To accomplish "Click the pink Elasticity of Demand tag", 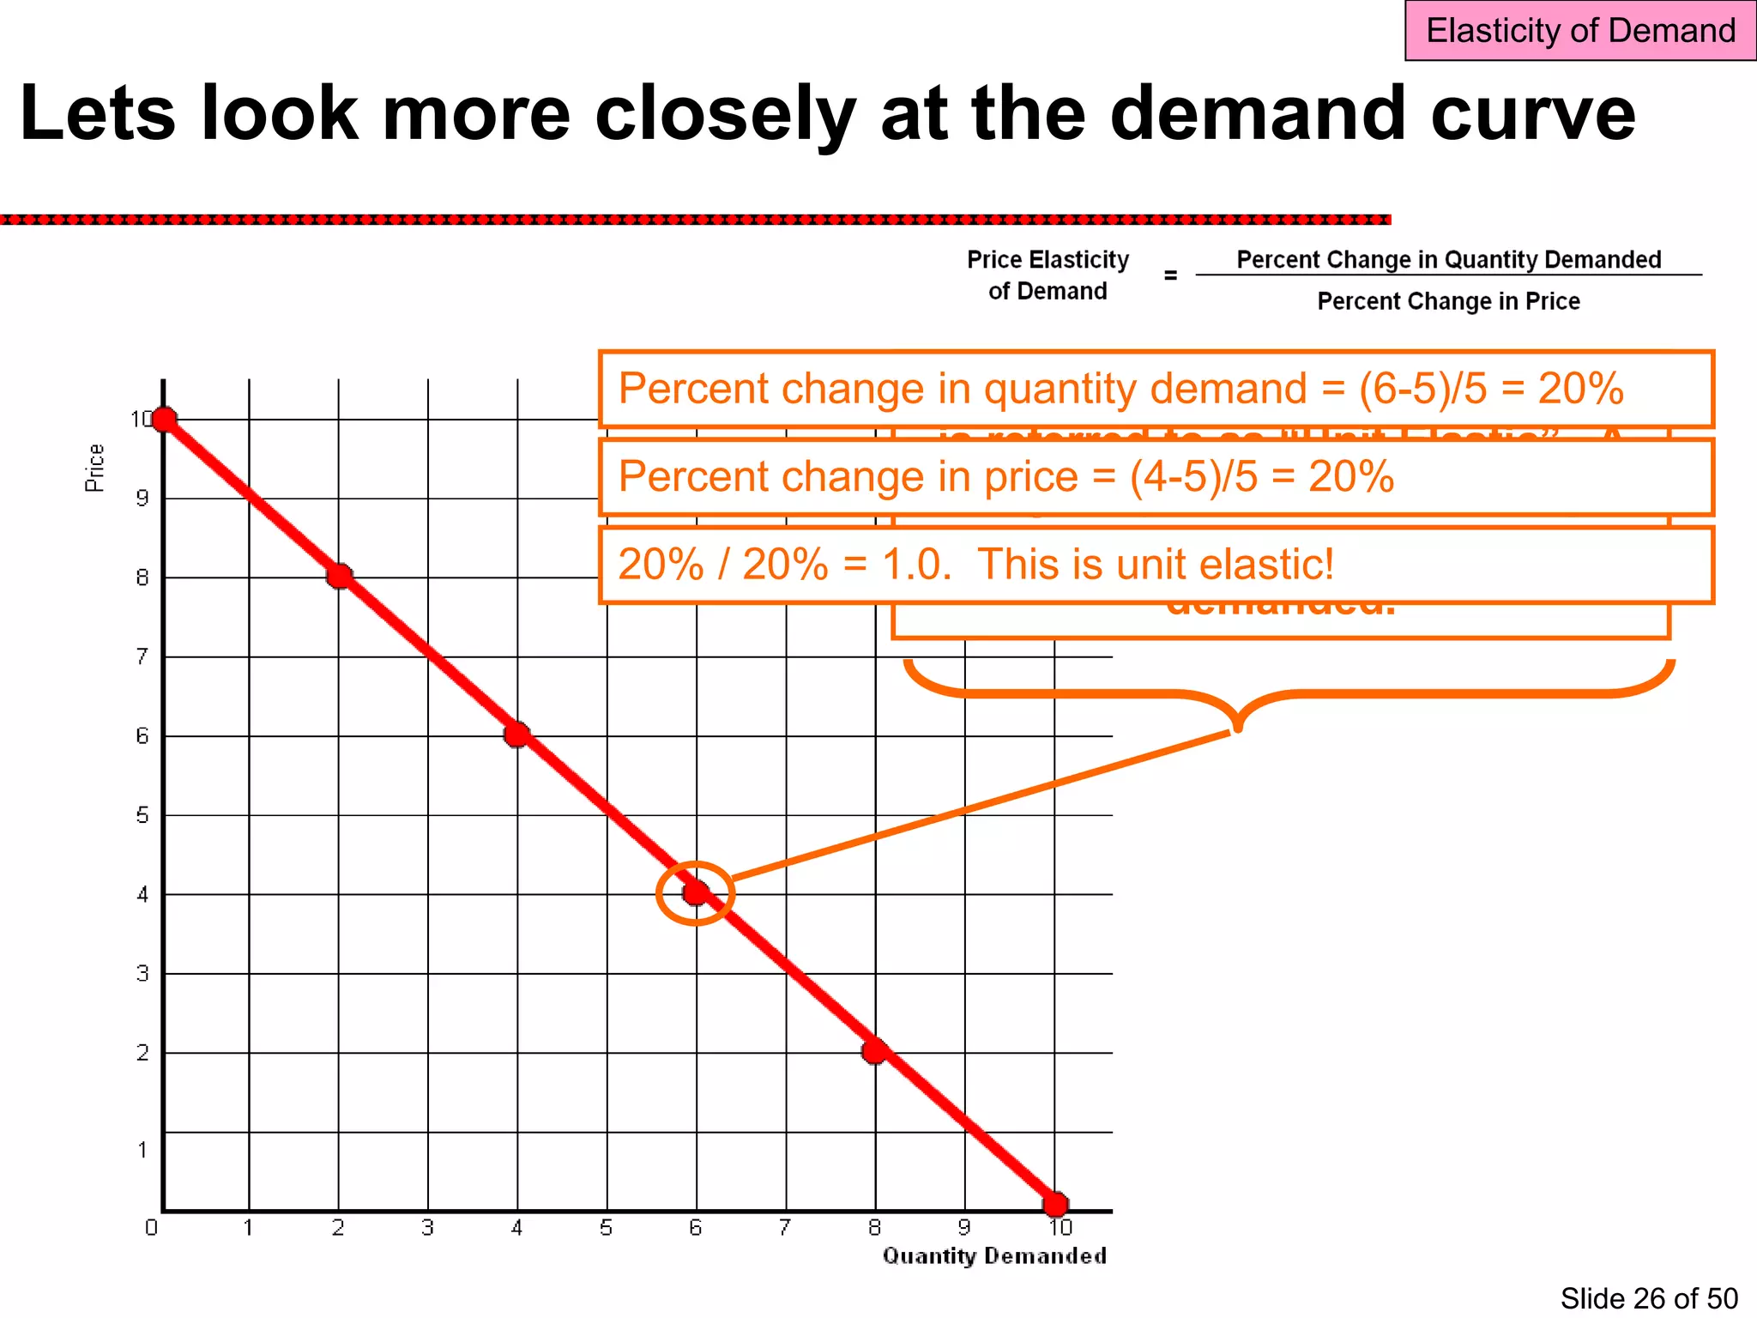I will point(1579,31).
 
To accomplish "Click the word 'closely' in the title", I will point(725,114).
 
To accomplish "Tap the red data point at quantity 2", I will point(339,576).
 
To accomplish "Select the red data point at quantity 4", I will point(516,735).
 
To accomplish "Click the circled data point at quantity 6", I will point(696,893).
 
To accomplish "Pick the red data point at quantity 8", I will point(874,1051).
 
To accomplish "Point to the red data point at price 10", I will point(164,420).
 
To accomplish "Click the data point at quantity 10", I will point(1055,1204).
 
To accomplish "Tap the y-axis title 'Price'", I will point(94,468).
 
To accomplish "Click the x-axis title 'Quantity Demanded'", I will point(994,1256).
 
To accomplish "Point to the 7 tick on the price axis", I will point(142,657).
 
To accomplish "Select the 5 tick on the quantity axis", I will point(606,1228).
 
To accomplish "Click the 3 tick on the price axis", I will point(142,974).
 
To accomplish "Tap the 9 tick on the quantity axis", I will point(964,1228).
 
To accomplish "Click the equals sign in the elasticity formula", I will point(1170,275).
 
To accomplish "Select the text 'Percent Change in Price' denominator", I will point(1448,301).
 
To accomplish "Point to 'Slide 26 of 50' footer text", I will point(1648,1298).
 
